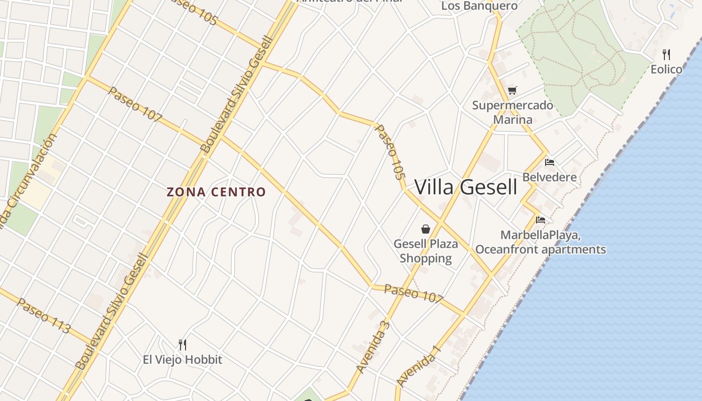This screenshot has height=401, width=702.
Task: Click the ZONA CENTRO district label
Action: (x=216, y=192)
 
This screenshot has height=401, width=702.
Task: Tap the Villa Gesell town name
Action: (x=465, y=187)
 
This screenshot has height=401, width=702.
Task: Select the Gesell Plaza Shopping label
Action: (x=426, y=251)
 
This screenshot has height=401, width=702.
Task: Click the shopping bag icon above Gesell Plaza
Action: (x=426, y=229)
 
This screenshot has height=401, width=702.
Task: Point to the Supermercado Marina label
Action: (x=512, y=112)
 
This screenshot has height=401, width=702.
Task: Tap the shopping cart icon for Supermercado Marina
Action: (x=512, y=91)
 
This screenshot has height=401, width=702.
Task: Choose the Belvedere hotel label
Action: (x=550, y=177)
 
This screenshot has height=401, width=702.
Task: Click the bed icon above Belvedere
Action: (x=550, y=162)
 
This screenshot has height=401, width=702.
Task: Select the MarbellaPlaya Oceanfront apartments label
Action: (x=541, y=242)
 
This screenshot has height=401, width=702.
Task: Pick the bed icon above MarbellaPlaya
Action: (x=540, y=220)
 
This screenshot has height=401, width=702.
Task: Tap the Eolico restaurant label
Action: (x=666, y=69)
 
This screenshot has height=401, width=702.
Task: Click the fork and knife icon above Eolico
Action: (x=666, y=54)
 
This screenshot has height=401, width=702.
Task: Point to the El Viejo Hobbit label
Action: (x=183, y=359)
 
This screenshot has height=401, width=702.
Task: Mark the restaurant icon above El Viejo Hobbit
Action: (x=183, y=344)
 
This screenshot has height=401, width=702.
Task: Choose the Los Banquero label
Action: (x=479, y=6)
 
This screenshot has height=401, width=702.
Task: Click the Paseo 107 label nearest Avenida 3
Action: (x=413, y=293)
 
